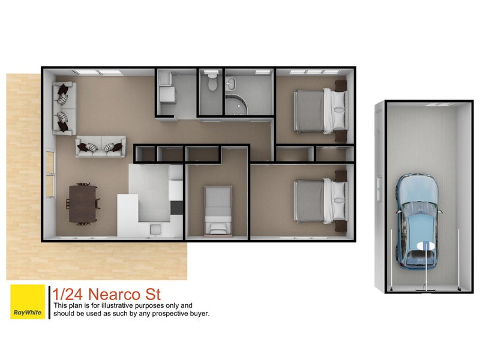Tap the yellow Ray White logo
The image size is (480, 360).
click(28, 302)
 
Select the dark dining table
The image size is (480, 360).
click(83, 204)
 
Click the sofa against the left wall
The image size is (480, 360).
click(64, 107)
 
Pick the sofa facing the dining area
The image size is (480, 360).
click(100, 146)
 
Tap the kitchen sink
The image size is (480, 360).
click(155, 228)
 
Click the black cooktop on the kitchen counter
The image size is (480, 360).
click(175, 208)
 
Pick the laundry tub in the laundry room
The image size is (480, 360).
click(166, 94)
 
